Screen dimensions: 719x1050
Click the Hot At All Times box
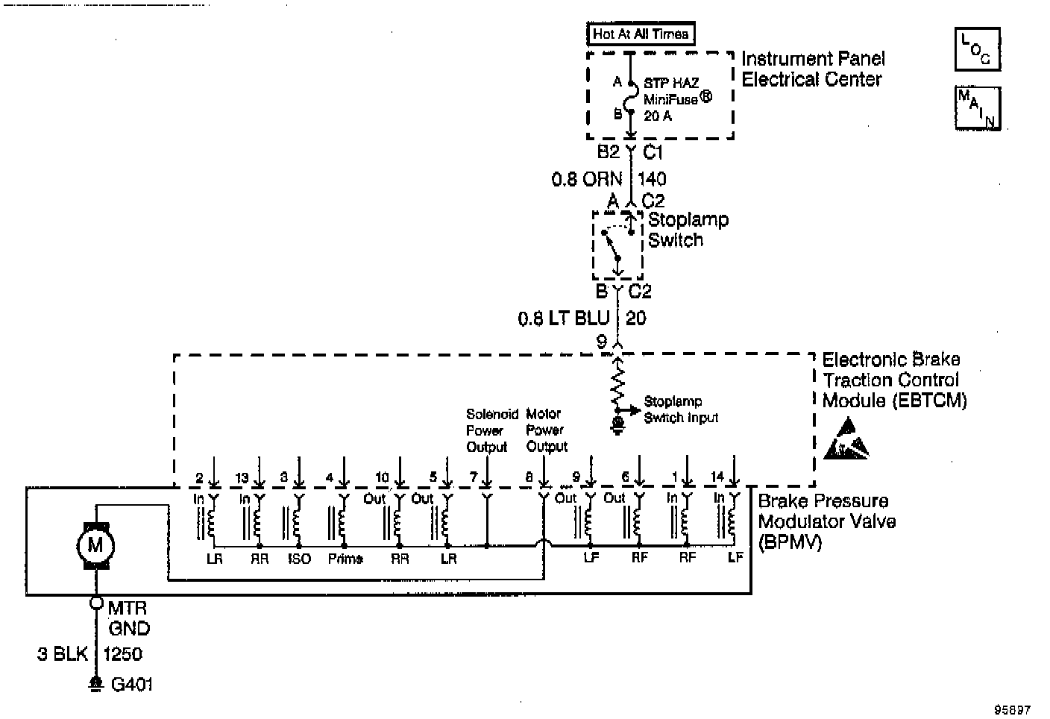point(641,34)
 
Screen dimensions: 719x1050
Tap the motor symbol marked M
point(95,545)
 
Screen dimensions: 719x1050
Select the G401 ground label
point(132,685)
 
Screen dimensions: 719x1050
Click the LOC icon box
point(977,49)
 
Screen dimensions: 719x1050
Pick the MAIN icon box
point(978,108)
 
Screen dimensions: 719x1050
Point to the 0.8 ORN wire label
point(587,180)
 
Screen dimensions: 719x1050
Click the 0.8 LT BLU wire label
point(563,319)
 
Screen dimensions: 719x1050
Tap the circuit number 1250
point(122,654)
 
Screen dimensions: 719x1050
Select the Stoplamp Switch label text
point(688,230)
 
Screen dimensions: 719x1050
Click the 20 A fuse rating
point(658,116)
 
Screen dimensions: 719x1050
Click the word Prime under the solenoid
point(345,559)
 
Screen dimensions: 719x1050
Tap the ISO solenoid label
point(298,559)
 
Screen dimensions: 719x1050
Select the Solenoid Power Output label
point(487,430)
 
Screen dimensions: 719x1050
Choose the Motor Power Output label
point(547,430)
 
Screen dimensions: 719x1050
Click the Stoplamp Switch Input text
point(680,409)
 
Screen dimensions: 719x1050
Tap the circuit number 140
point(652,179)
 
